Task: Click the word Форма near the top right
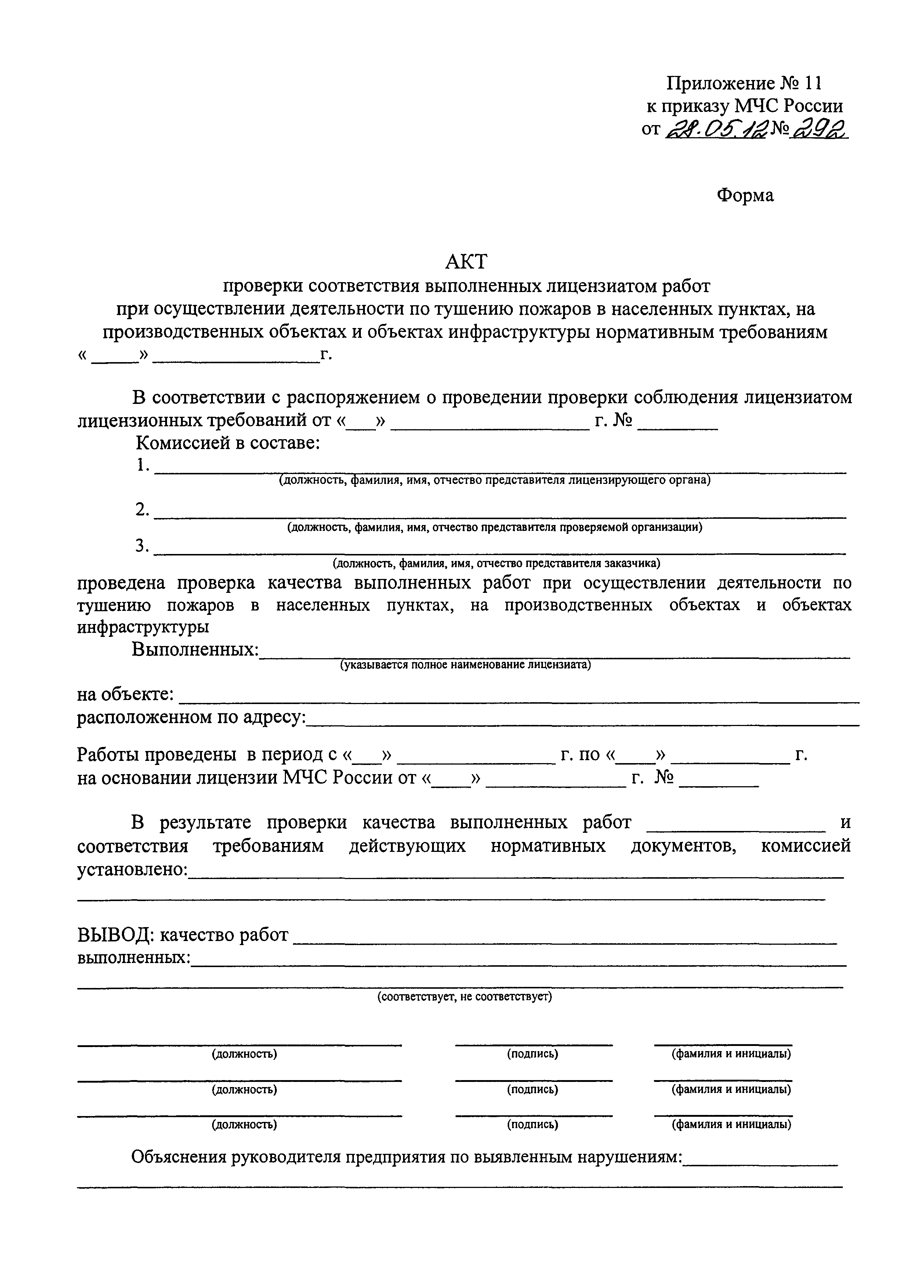745,195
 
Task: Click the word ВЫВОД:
116,935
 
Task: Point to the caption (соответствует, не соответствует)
464,997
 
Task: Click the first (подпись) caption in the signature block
533,1054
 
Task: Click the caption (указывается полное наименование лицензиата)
465,665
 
